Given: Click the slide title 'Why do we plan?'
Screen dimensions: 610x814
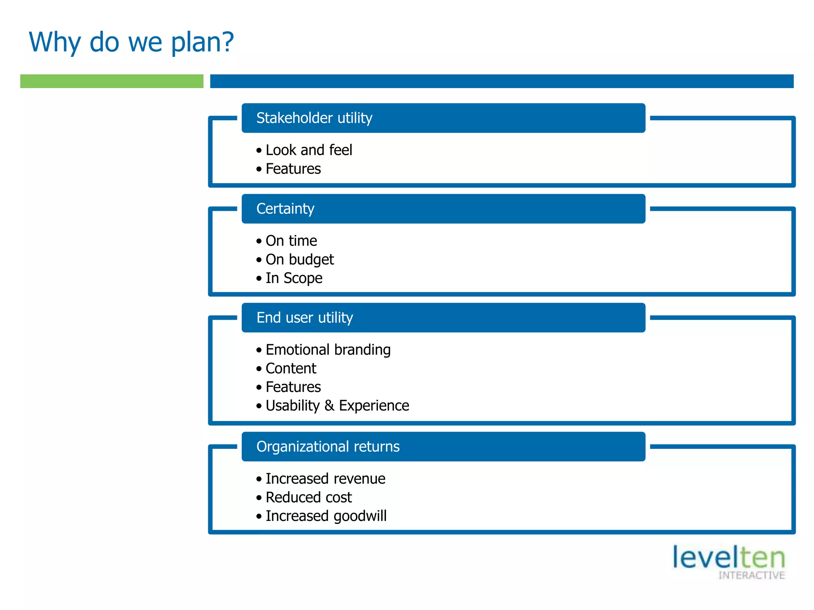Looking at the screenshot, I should click(131, 42).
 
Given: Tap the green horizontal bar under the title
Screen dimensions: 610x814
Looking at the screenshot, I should click(112, 81).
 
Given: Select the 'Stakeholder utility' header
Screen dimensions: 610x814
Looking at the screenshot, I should click(314, 118).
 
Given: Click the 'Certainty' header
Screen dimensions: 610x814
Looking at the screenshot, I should click(285, 208).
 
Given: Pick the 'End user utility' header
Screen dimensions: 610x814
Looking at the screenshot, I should click(304, 318).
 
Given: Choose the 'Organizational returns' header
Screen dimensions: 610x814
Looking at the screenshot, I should click(328, 446).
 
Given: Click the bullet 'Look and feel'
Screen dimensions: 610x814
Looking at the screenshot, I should click(308, 150).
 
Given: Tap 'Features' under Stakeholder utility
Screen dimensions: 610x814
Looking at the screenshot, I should click(293, 169).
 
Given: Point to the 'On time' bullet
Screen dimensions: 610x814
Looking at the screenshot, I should click(291, 241).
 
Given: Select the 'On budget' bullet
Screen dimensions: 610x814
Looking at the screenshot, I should click(299, 259).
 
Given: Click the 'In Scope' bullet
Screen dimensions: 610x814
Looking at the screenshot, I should click(294, 278).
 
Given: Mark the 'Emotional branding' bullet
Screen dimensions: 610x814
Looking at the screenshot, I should click(328, 350).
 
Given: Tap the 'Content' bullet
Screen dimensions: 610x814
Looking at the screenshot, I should click(291, 369).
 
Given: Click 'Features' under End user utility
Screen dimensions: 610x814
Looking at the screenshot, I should click(293, 387).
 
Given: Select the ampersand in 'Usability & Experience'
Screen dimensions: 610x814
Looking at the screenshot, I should click(329, 405).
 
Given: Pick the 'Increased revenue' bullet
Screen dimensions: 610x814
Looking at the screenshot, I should click(325, 479).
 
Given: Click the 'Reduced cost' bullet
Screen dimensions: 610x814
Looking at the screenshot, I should click(308, 497).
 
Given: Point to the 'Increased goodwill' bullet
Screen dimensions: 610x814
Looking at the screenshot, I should click(326, 516).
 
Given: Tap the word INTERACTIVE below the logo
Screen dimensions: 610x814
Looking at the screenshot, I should click(751, 575).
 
